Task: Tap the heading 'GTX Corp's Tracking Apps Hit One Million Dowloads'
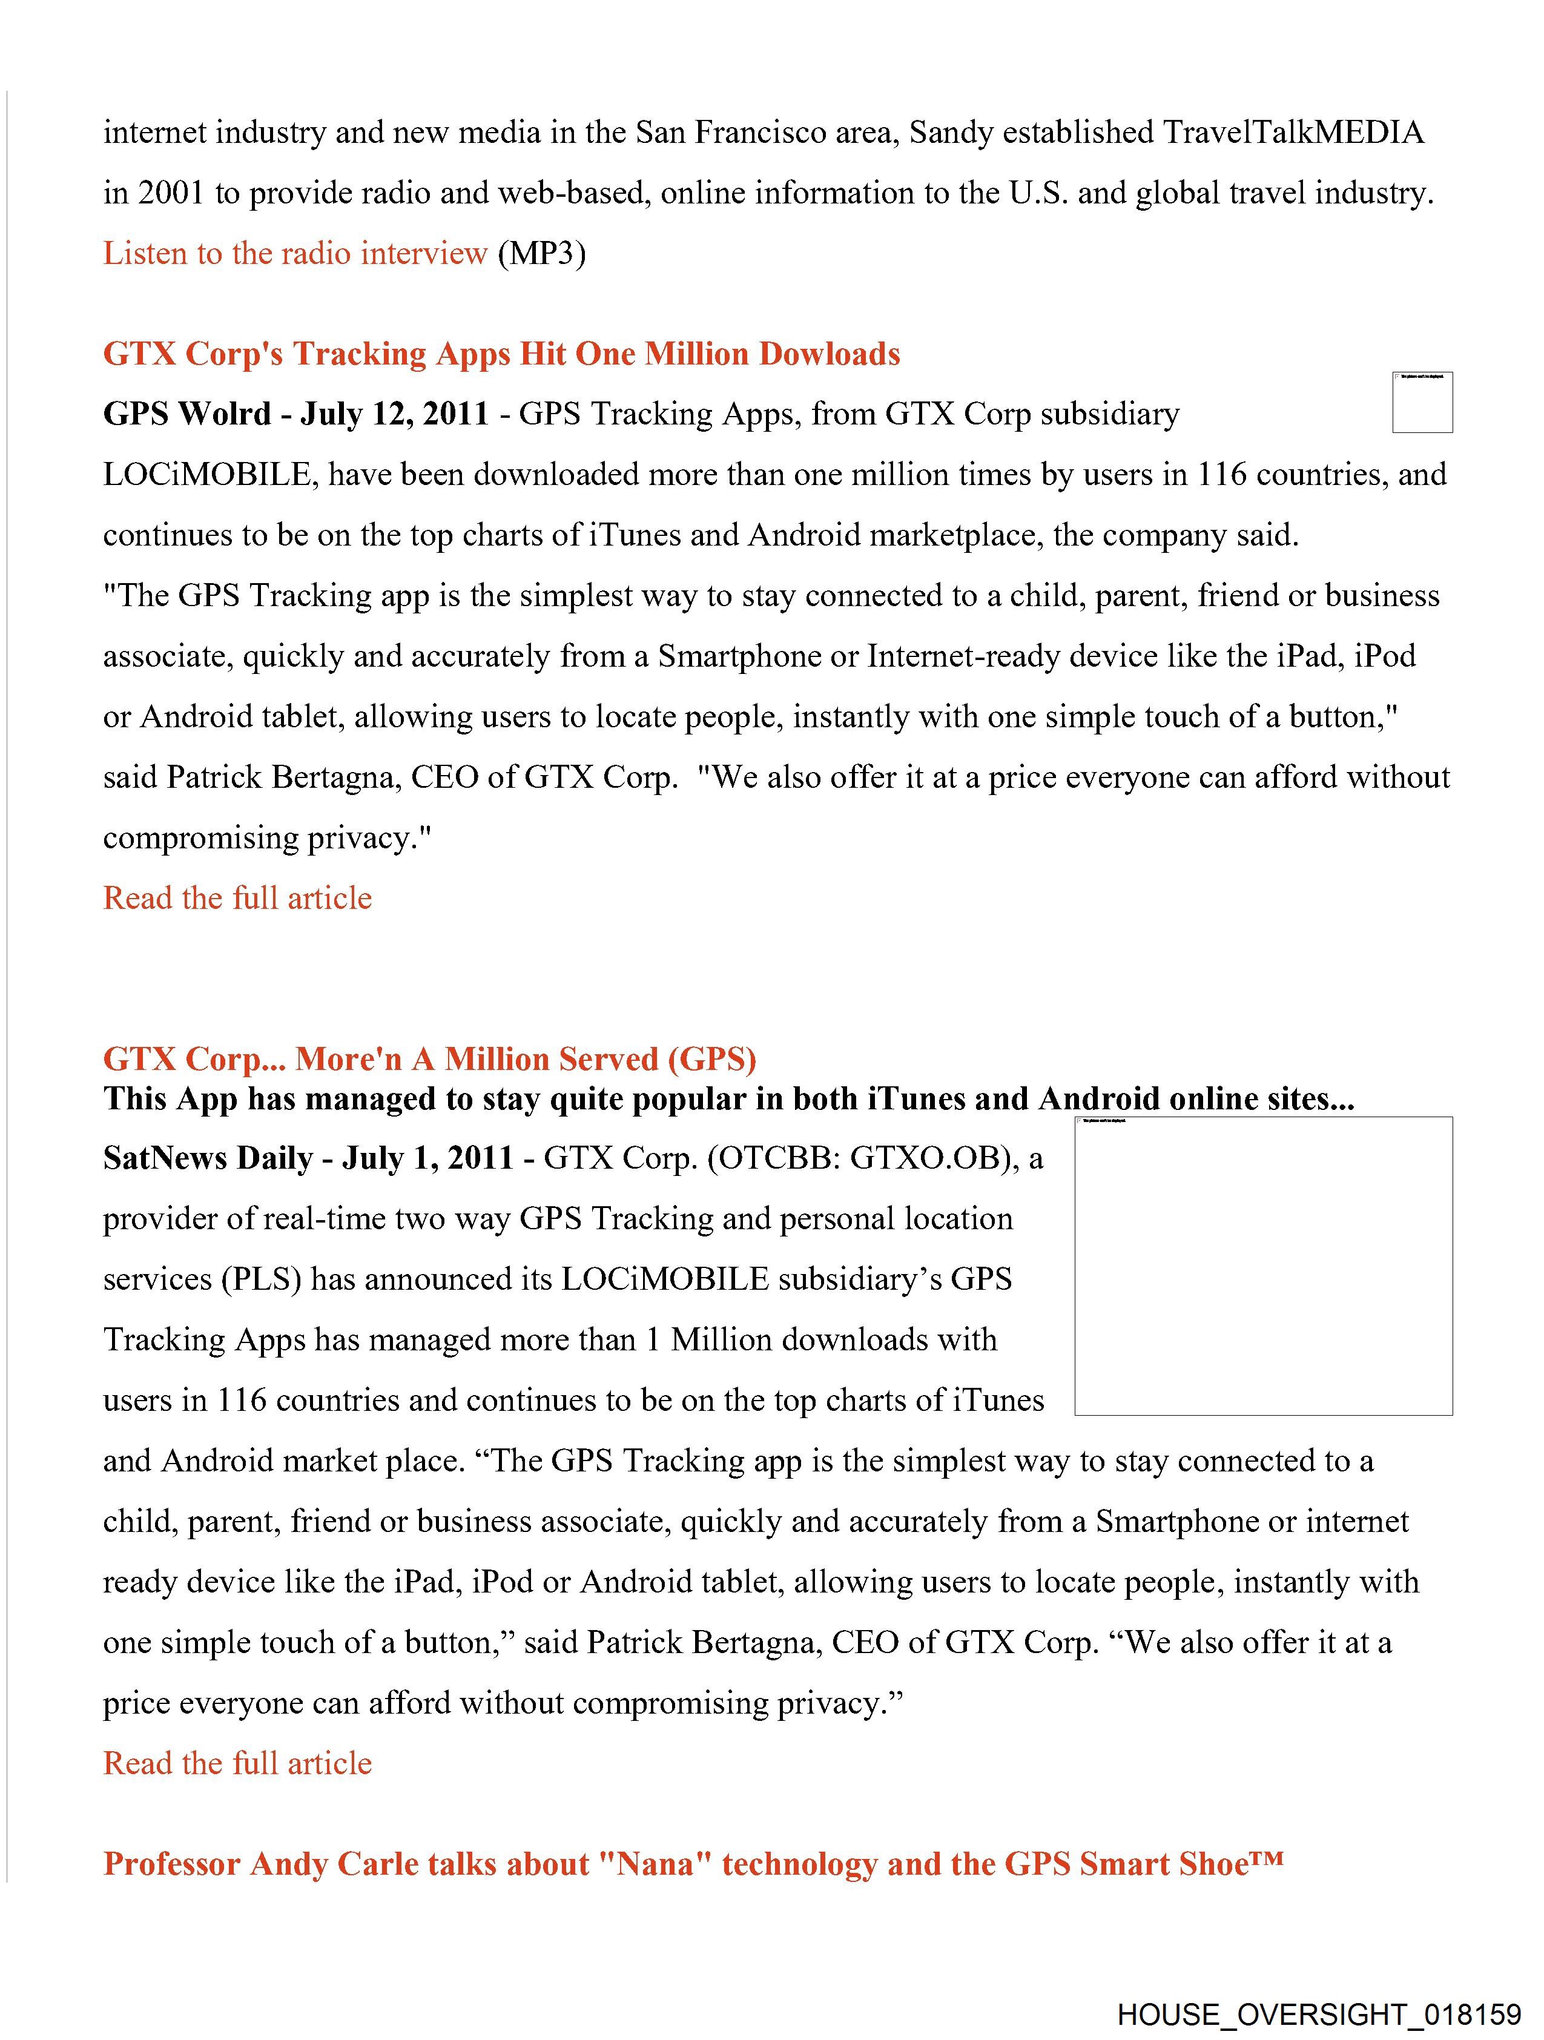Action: [x=501, y=354]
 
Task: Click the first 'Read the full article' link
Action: [x=237, y=898]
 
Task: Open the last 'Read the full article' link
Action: [x=237, y=1763]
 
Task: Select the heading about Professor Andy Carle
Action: [x=693, y=1864]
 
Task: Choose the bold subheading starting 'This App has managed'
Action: [x=728, y=1099]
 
